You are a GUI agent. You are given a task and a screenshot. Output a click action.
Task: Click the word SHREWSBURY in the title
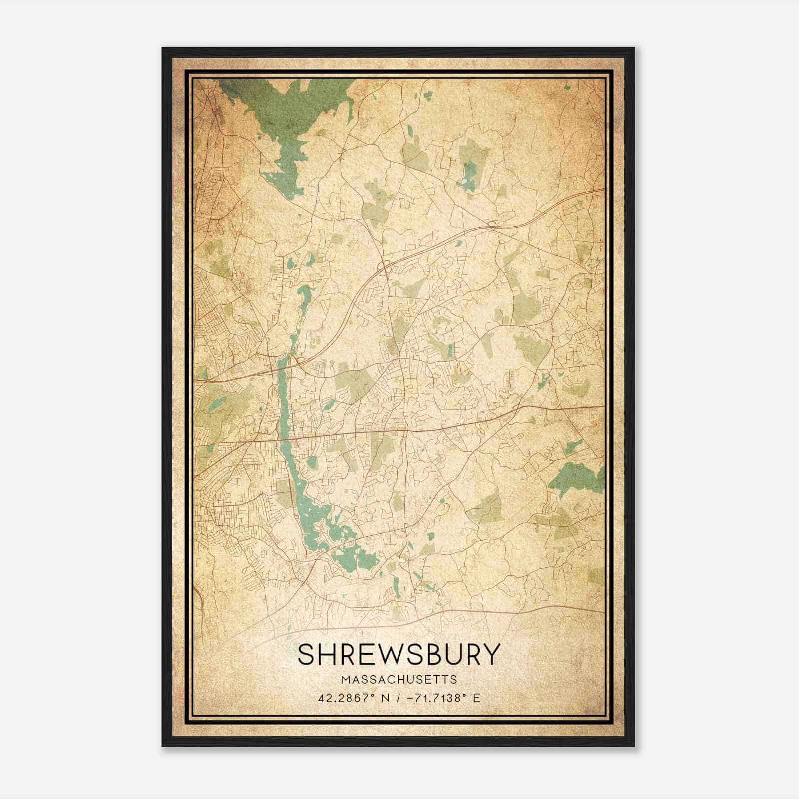click(399, 654)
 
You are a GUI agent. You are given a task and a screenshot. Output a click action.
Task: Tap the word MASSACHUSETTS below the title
click(399, 680)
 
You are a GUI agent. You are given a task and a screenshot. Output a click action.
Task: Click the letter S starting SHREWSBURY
click(306, 654)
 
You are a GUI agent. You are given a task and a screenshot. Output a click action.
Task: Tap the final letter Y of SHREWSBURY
click(491, 654)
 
